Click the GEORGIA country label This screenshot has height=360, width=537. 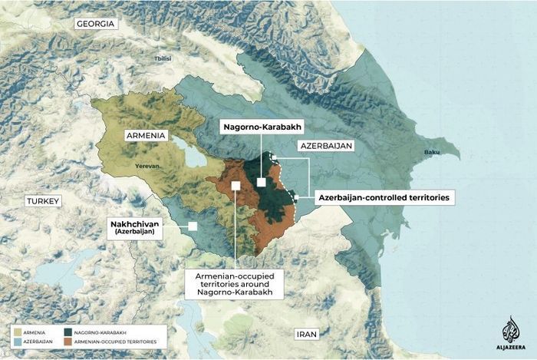point(96,24)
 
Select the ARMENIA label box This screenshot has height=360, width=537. point(147,135)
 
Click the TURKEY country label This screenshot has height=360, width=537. point(42,200)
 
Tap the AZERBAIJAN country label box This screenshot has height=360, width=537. point(325,145)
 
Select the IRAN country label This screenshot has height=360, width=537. point(306,334)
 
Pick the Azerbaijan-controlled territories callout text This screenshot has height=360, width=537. point(384,197)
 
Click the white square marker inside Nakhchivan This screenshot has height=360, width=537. point(192,226)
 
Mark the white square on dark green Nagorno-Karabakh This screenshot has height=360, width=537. point(262,182)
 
